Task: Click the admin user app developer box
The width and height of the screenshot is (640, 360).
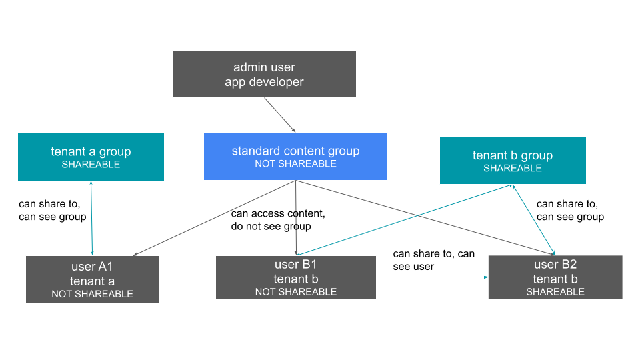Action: tap(264, 74)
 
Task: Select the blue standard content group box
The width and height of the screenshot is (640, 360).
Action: tap(295, 157)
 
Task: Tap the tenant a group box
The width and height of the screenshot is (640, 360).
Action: tap(91, 157)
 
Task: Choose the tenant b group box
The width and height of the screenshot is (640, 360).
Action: tap(513, 161)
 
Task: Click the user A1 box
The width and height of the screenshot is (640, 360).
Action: tap(92, 279)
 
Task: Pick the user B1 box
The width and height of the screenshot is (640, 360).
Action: tap(295, 277)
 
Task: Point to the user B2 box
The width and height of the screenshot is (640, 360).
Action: tap(555, 277)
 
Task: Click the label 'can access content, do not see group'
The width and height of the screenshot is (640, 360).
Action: tap(278, 220)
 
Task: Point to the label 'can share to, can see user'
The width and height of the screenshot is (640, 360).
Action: tap(433, 260)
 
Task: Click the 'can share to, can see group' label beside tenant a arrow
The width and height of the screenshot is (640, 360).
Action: tap(52, 211)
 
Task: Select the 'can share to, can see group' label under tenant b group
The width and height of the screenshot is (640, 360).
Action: tap(570, 210)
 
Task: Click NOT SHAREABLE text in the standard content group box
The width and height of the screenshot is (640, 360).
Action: tap(295, 164)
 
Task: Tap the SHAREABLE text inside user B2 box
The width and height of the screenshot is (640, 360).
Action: tap(555, 292)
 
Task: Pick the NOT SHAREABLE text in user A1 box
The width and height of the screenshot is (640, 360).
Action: tap(92, 294)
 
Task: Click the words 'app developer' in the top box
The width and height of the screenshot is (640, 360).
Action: tap(264, 82)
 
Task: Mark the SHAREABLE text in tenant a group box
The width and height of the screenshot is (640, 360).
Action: tap(91, 165)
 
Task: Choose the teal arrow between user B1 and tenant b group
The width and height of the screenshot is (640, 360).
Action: tap(400, 221)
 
